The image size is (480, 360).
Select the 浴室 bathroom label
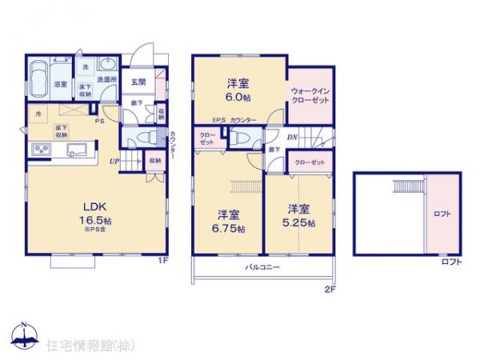coord(60,84)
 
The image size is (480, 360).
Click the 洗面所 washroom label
coord(108,79)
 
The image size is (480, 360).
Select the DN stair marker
coord(271,137)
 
